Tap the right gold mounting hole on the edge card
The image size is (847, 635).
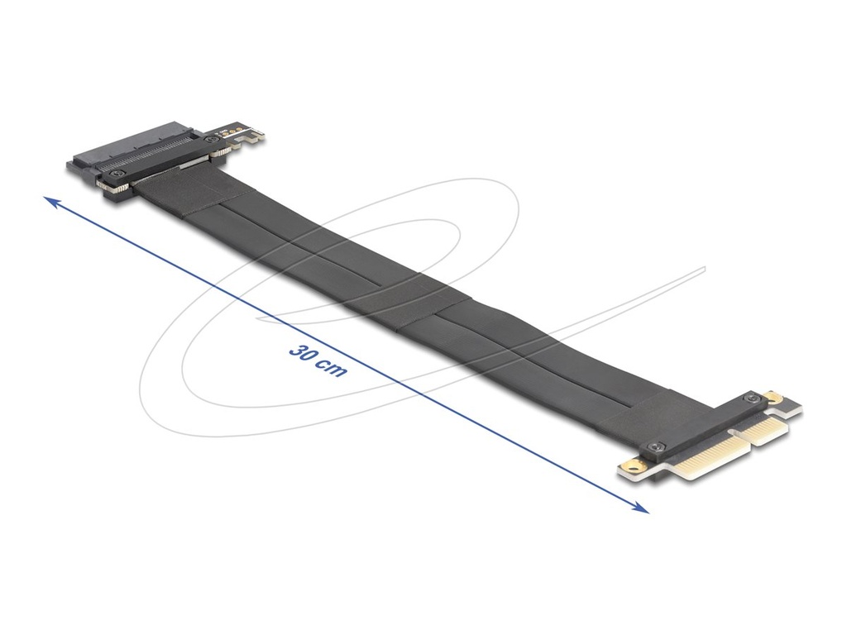point(774,397)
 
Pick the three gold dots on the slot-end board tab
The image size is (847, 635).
point(227,130)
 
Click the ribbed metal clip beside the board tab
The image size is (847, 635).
point(222,152)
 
